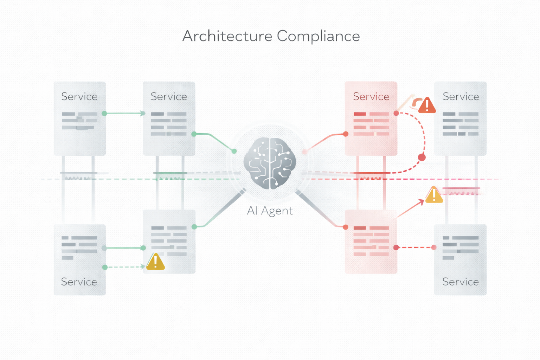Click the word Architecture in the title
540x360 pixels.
[x=227, y=36]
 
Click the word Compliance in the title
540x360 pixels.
[x=318, y=36]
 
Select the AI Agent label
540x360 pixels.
[x=270, y=211]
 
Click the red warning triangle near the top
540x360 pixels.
[x=427, y=105]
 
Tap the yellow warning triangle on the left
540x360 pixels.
[x=155, y=262]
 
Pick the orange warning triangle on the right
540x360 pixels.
[x=434, y=195]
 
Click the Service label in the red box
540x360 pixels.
[x=371, y=97]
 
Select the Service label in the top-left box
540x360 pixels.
[x=79, y=97]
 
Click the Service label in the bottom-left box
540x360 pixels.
[x=79, y=282]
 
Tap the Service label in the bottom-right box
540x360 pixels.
[x=460, y=282]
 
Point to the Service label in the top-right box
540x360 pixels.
[x=461, y=97]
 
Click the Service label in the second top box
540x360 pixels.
[x=169, y=97]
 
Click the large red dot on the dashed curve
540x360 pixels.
[x=422, y=157]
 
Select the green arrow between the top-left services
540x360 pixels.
[x=125, y=113]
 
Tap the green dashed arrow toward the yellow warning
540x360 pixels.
[x=125, y=267]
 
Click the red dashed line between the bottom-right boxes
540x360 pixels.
[x=415, y=247]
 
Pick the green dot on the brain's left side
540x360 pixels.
[x=234, y=151]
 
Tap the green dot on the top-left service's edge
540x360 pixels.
[x=104, y=113]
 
